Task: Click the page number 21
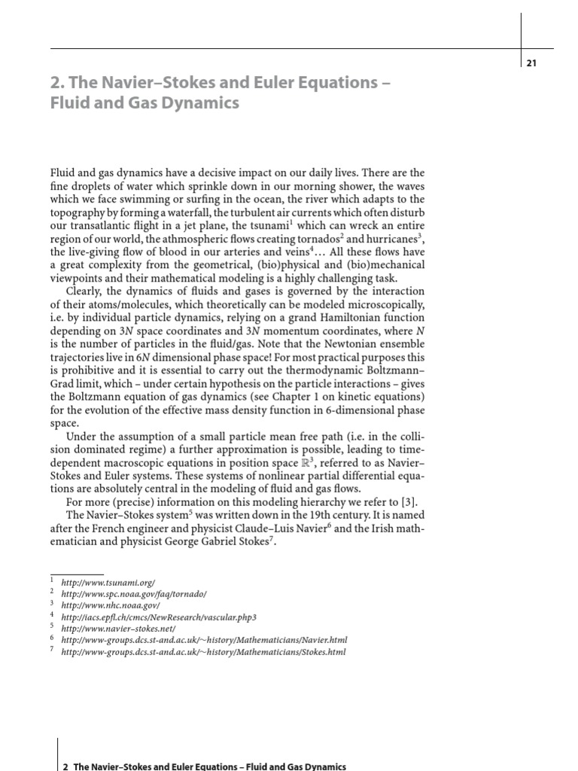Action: (x=531, y=63)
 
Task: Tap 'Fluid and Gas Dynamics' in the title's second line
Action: (x=144, y=102)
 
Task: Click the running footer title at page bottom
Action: (x=204, y=766)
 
